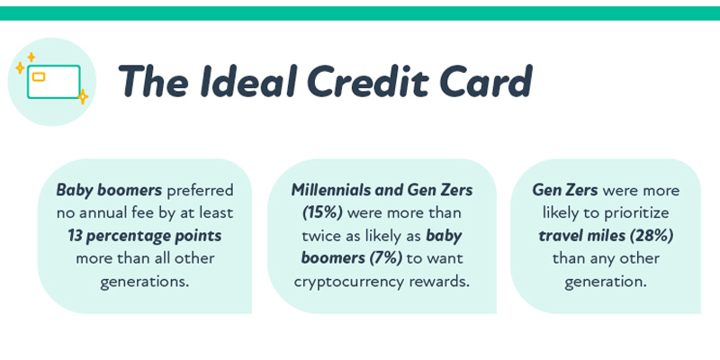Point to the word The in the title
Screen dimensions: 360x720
coord(150,82)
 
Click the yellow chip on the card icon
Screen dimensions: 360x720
coord(39,76)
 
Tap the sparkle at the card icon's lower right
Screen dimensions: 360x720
coord(82,95)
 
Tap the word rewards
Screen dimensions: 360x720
coord(439,280)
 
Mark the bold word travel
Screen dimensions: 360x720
coord(562,235)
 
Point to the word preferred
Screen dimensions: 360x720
coord(201,190)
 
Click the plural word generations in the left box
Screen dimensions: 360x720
coord(144,280)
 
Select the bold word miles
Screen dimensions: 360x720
coord(607,235)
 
